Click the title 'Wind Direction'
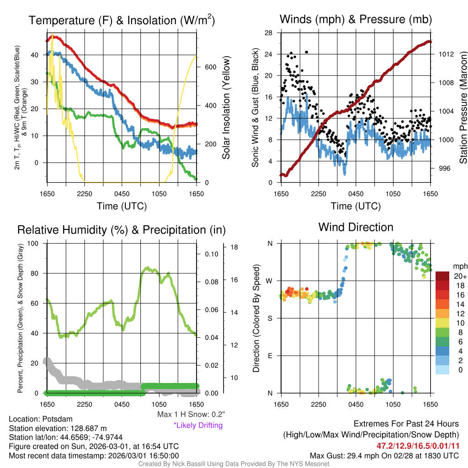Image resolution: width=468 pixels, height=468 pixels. pos(356,227)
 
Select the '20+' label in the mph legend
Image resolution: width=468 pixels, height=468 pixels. pos(459,276)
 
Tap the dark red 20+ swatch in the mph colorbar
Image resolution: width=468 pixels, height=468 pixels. pos(442,276)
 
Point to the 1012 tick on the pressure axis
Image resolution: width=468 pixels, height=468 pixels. pos(446,54)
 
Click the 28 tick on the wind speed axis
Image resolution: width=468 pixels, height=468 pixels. pos(269,32)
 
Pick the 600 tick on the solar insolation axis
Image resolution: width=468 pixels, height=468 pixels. pos(210,67)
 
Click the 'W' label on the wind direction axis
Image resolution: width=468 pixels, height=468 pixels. pos(270,281)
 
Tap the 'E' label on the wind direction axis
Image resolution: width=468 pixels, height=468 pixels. pos(270,356)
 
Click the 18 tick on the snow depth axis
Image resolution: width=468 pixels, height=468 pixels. pos(233,247)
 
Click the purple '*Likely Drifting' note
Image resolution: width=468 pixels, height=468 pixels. pos(198,425)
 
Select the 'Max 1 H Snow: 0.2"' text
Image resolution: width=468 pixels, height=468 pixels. pos(191,415)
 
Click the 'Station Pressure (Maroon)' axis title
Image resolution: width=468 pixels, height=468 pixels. pos(463,107)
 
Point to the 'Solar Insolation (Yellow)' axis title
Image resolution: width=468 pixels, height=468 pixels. pos(226,108)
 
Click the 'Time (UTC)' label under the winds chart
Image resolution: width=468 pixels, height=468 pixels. pos(356,206)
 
